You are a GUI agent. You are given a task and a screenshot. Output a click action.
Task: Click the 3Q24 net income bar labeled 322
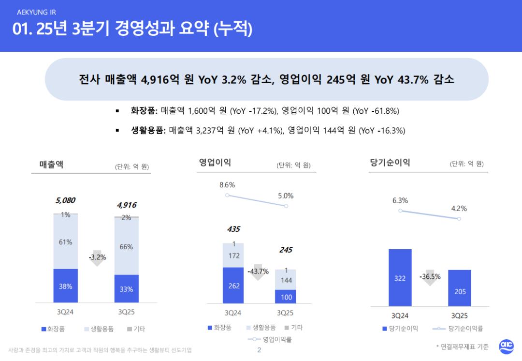coord(400,277)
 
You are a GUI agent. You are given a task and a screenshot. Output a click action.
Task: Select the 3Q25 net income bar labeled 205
coord(460,288)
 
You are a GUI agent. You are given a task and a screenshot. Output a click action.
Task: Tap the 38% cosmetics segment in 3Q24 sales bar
coord(66,286)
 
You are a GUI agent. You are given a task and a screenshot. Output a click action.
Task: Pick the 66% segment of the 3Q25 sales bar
coord(126,246)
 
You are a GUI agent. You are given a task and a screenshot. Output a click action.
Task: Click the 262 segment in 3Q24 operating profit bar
coord(234,285)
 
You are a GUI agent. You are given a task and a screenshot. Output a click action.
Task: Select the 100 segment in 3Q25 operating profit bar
coord(286,296)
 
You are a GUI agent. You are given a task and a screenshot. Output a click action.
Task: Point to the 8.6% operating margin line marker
coord(227,195)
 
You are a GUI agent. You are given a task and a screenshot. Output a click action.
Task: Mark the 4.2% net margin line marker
coord(459,219)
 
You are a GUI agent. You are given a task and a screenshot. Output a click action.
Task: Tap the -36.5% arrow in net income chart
coord(430,278)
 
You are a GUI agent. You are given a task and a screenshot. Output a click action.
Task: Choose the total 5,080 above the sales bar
coord(65,200)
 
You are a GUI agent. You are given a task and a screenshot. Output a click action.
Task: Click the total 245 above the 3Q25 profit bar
coord(286,250)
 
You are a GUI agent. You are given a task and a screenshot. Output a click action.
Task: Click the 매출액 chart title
coord(51,164)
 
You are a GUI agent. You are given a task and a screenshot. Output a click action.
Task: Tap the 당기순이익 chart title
coord(390,163)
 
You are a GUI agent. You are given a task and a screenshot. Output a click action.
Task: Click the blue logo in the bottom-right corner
coord(506,346)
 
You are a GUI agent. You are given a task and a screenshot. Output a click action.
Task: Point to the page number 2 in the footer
coord(259,350)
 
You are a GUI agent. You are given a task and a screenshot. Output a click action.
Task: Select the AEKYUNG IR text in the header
coord(36,13)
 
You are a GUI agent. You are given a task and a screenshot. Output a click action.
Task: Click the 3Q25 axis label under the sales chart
coord(127,312)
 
